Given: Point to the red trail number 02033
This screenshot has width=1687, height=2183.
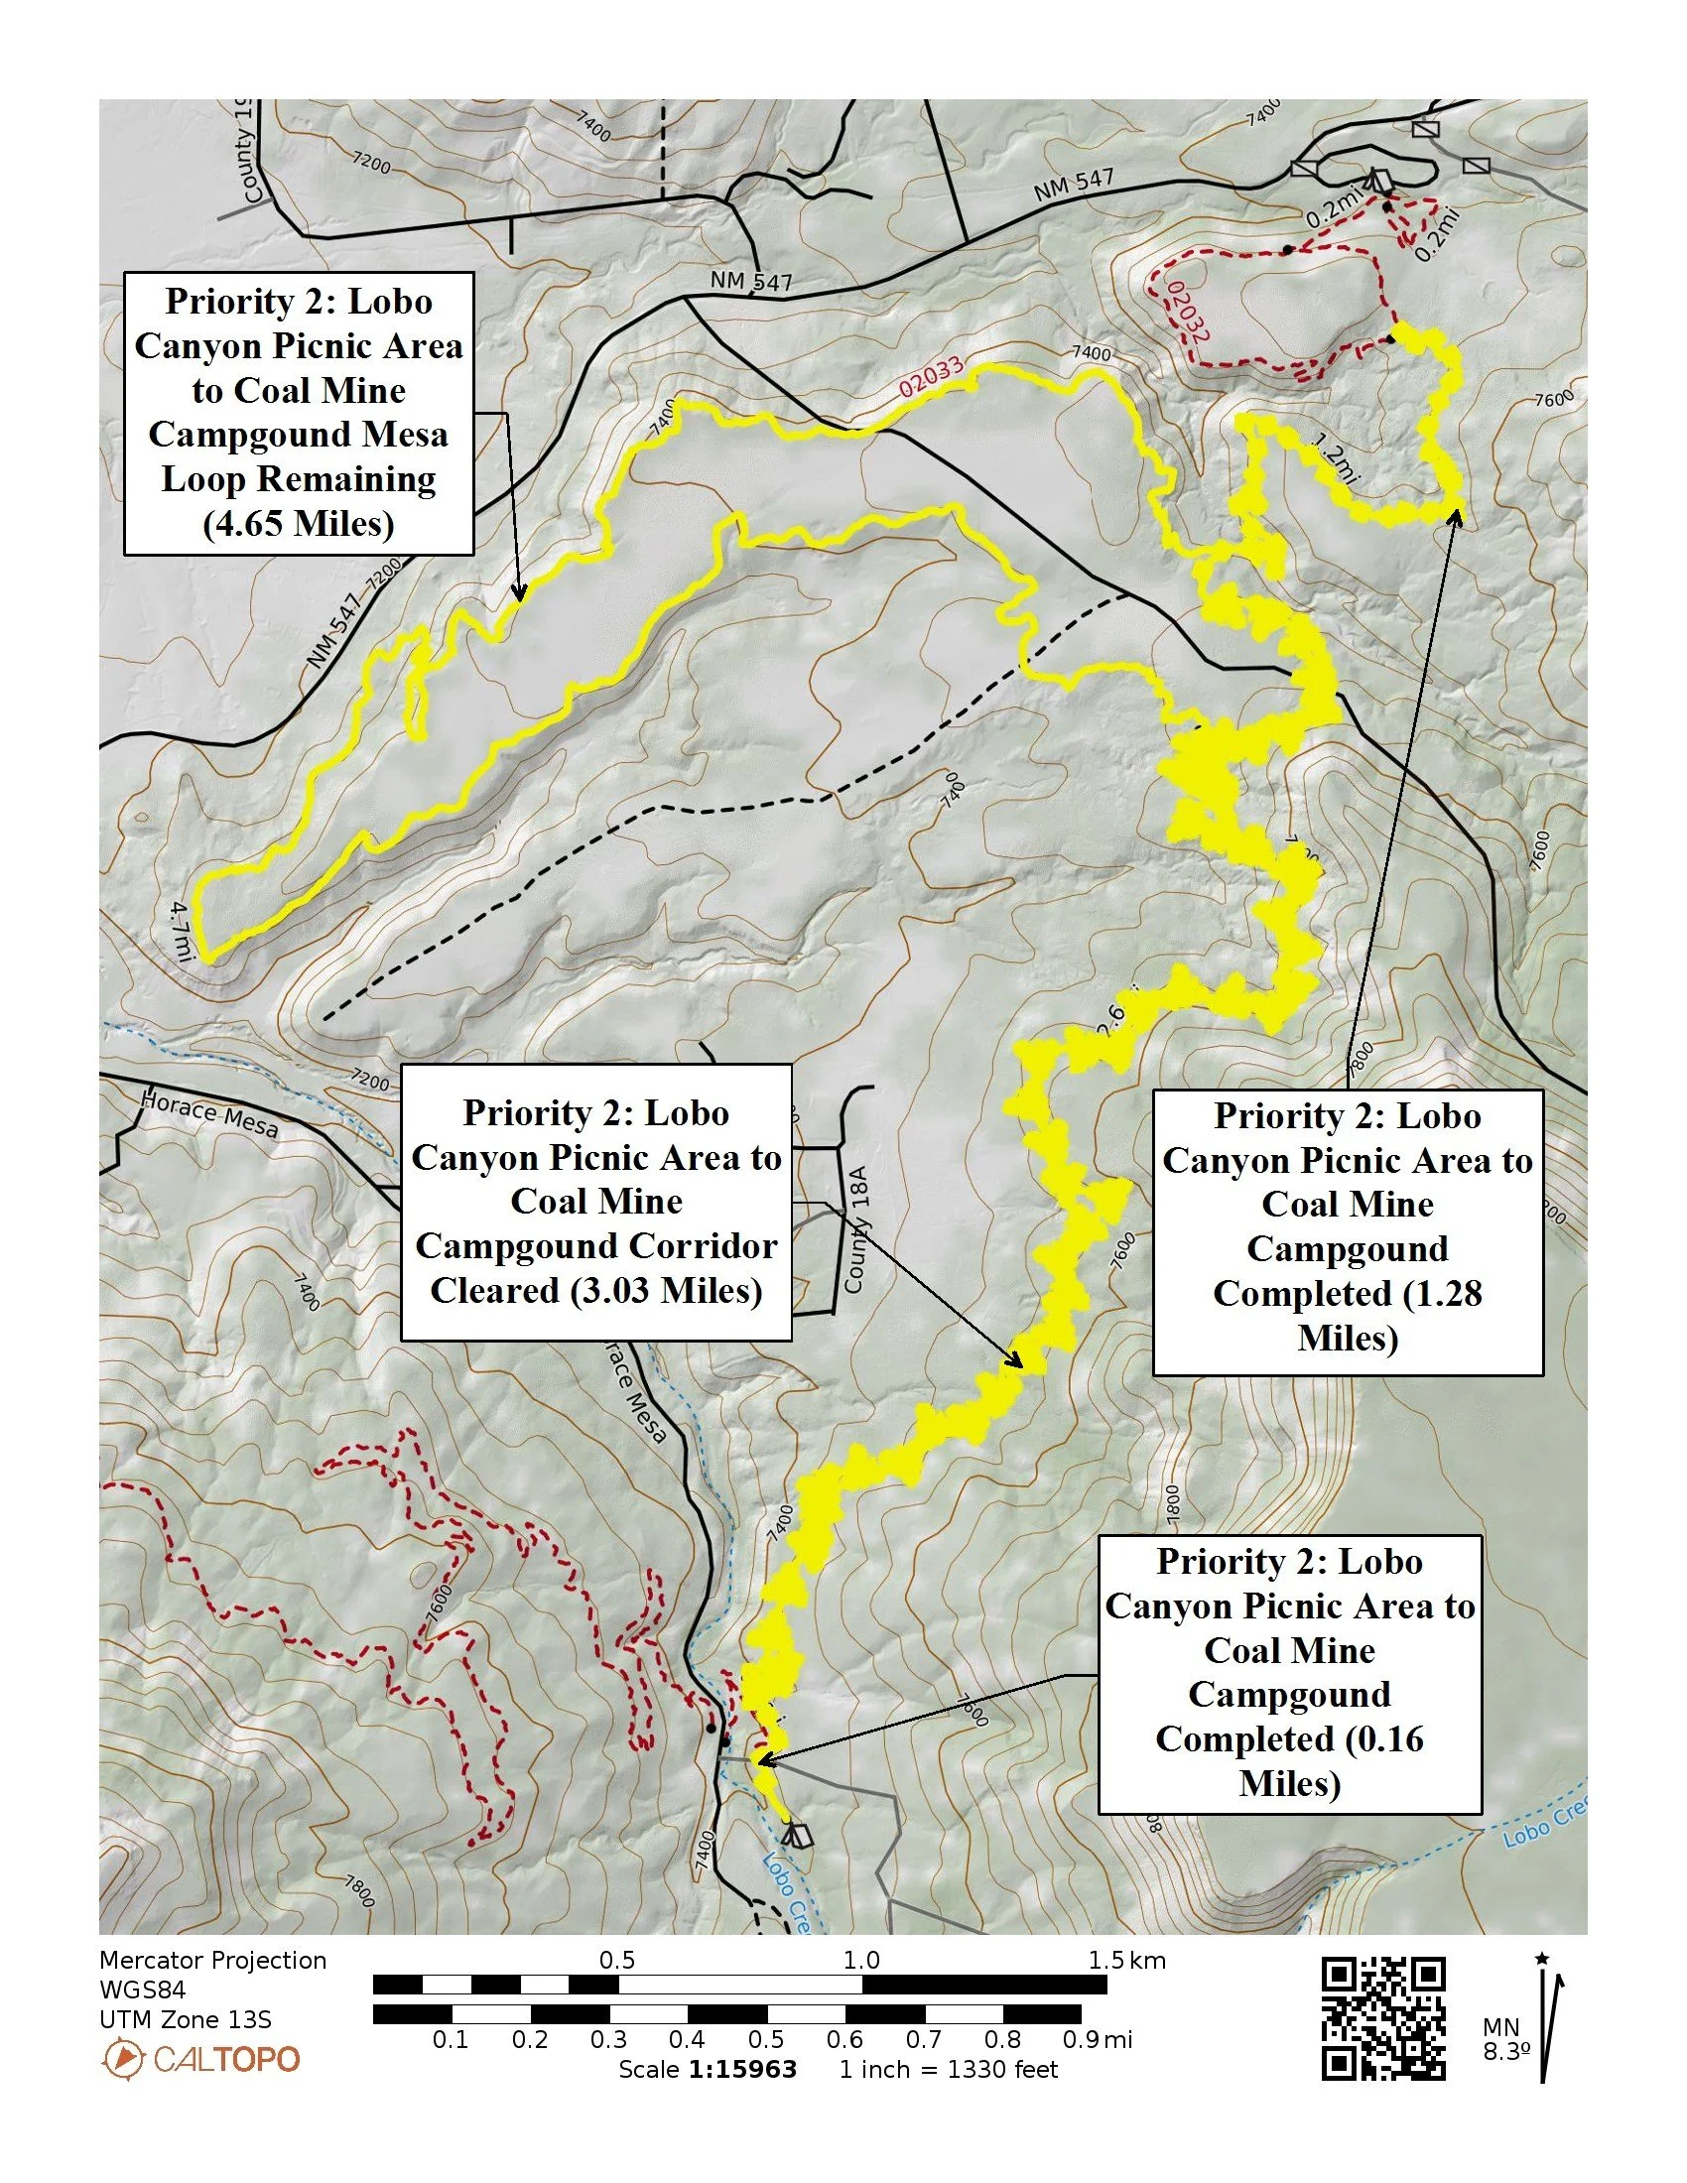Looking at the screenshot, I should coord(932,376).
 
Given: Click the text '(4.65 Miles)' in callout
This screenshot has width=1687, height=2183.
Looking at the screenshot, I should coord(298,523).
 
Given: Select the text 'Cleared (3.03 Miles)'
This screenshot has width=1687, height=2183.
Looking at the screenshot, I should coord(595,1290).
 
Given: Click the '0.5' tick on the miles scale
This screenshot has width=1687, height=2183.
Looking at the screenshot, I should coord(765,2039).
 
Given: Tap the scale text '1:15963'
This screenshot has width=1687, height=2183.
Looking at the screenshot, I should coord(742,2069).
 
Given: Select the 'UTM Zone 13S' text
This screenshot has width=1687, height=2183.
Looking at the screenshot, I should coord(185,2020).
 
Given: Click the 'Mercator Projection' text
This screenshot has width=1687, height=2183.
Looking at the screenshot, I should coord(213,1960).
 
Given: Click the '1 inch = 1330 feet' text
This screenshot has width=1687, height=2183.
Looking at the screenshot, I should coord(948,2069).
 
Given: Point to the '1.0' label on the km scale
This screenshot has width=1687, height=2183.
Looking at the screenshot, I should coord(860,1960).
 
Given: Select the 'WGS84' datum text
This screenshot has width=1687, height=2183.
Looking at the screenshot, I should coord(142,1990).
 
